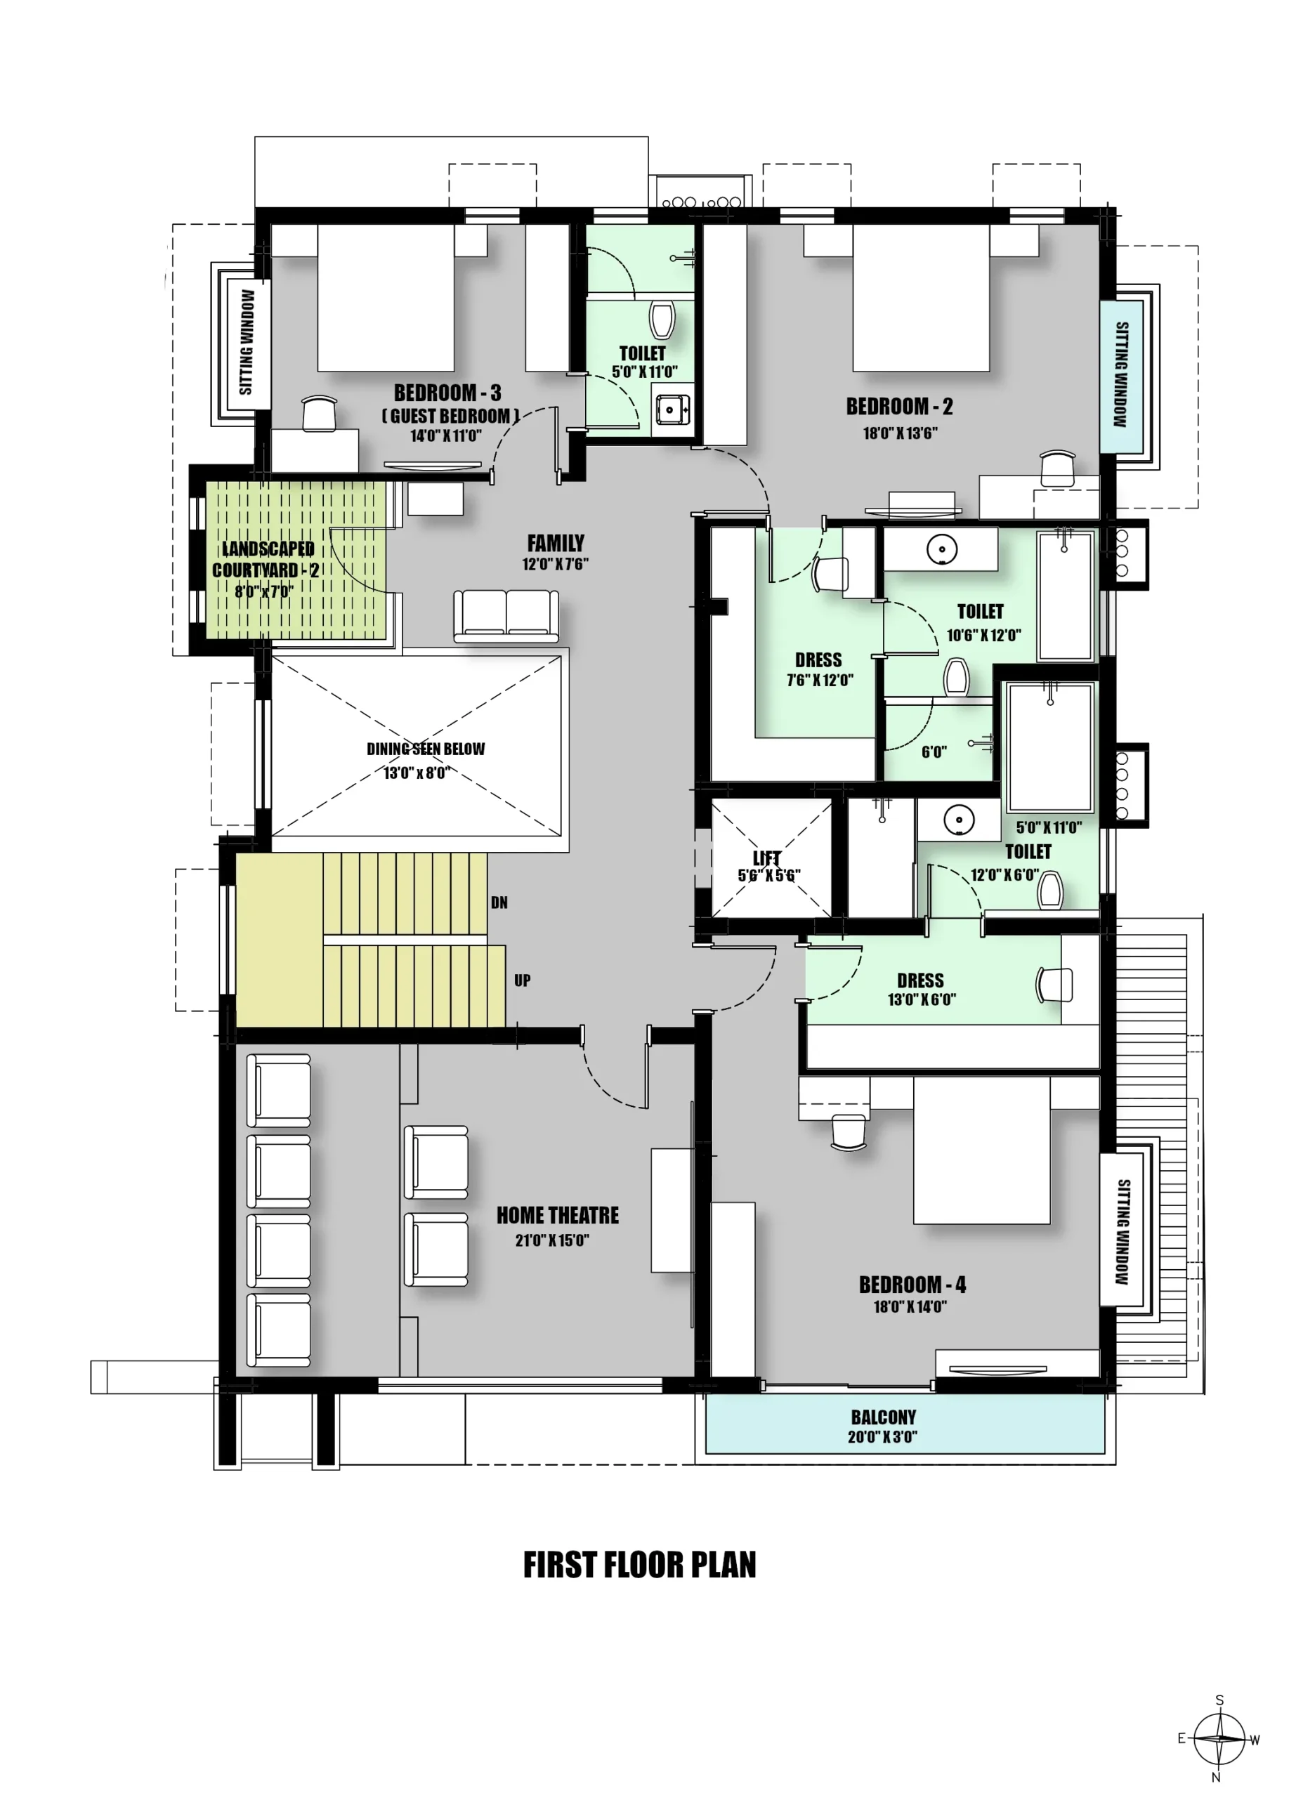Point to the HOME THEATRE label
[557, 1215]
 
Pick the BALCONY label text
[883, 1417]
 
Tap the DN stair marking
[499, 903]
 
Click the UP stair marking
[523, 980]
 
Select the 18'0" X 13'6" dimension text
[901, 433]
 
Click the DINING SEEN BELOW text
[426, 749]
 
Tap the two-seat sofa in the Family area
[506, 616]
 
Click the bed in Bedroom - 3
[386, 298]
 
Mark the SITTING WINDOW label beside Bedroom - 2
[1122, 374]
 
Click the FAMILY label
[556, 543]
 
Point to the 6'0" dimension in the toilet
[934, 752]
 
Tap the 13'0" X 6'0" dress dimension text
[921, 999]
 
